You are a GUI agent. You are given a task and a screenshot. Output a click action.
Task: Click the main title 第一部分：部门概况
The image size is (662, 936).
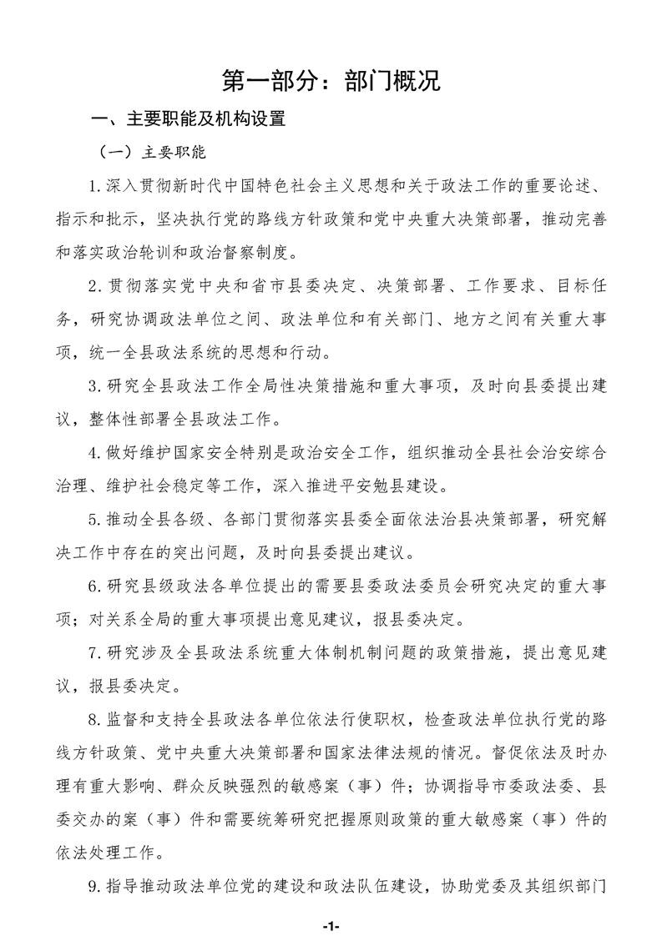[x=331, y=80]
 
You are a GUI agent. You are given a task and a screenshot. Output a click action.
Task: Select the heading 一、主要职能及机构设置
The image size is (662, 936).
[x=190, y=120]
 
